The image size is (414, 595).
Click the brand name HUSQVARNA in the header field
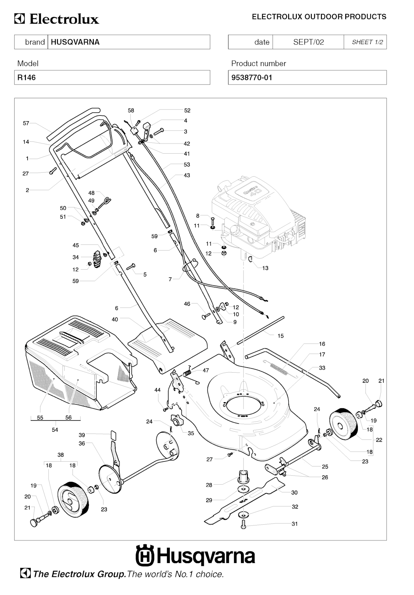[75, 42]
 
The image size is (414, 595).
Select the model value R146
[26, 78]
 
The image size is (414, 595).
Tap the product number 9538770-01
[251, 78]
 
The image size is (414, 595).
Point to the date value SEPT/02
[308, 42]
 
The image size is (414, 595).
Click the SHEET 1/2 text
[367, 42]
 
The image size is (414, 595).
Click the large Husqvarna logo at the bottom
[195, 557]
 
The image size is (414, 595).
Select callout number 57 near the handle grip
[26, 123]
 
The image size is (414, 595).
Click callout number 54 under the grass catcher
[55, 430]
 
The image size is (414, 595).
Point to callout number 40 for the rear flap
[115, 319]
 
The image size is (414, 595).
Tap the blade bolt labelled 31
[243, 525]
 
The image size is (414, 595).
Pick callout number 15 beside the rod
[281, 336]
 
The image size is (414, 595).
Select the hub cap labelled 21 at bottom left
[34, 523]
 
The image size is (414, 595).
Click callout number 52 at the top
[187, 110]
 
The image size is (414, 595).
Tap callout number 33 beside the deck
[322, 368]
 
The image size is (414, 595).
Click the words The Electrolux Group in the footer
[79, 574]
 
